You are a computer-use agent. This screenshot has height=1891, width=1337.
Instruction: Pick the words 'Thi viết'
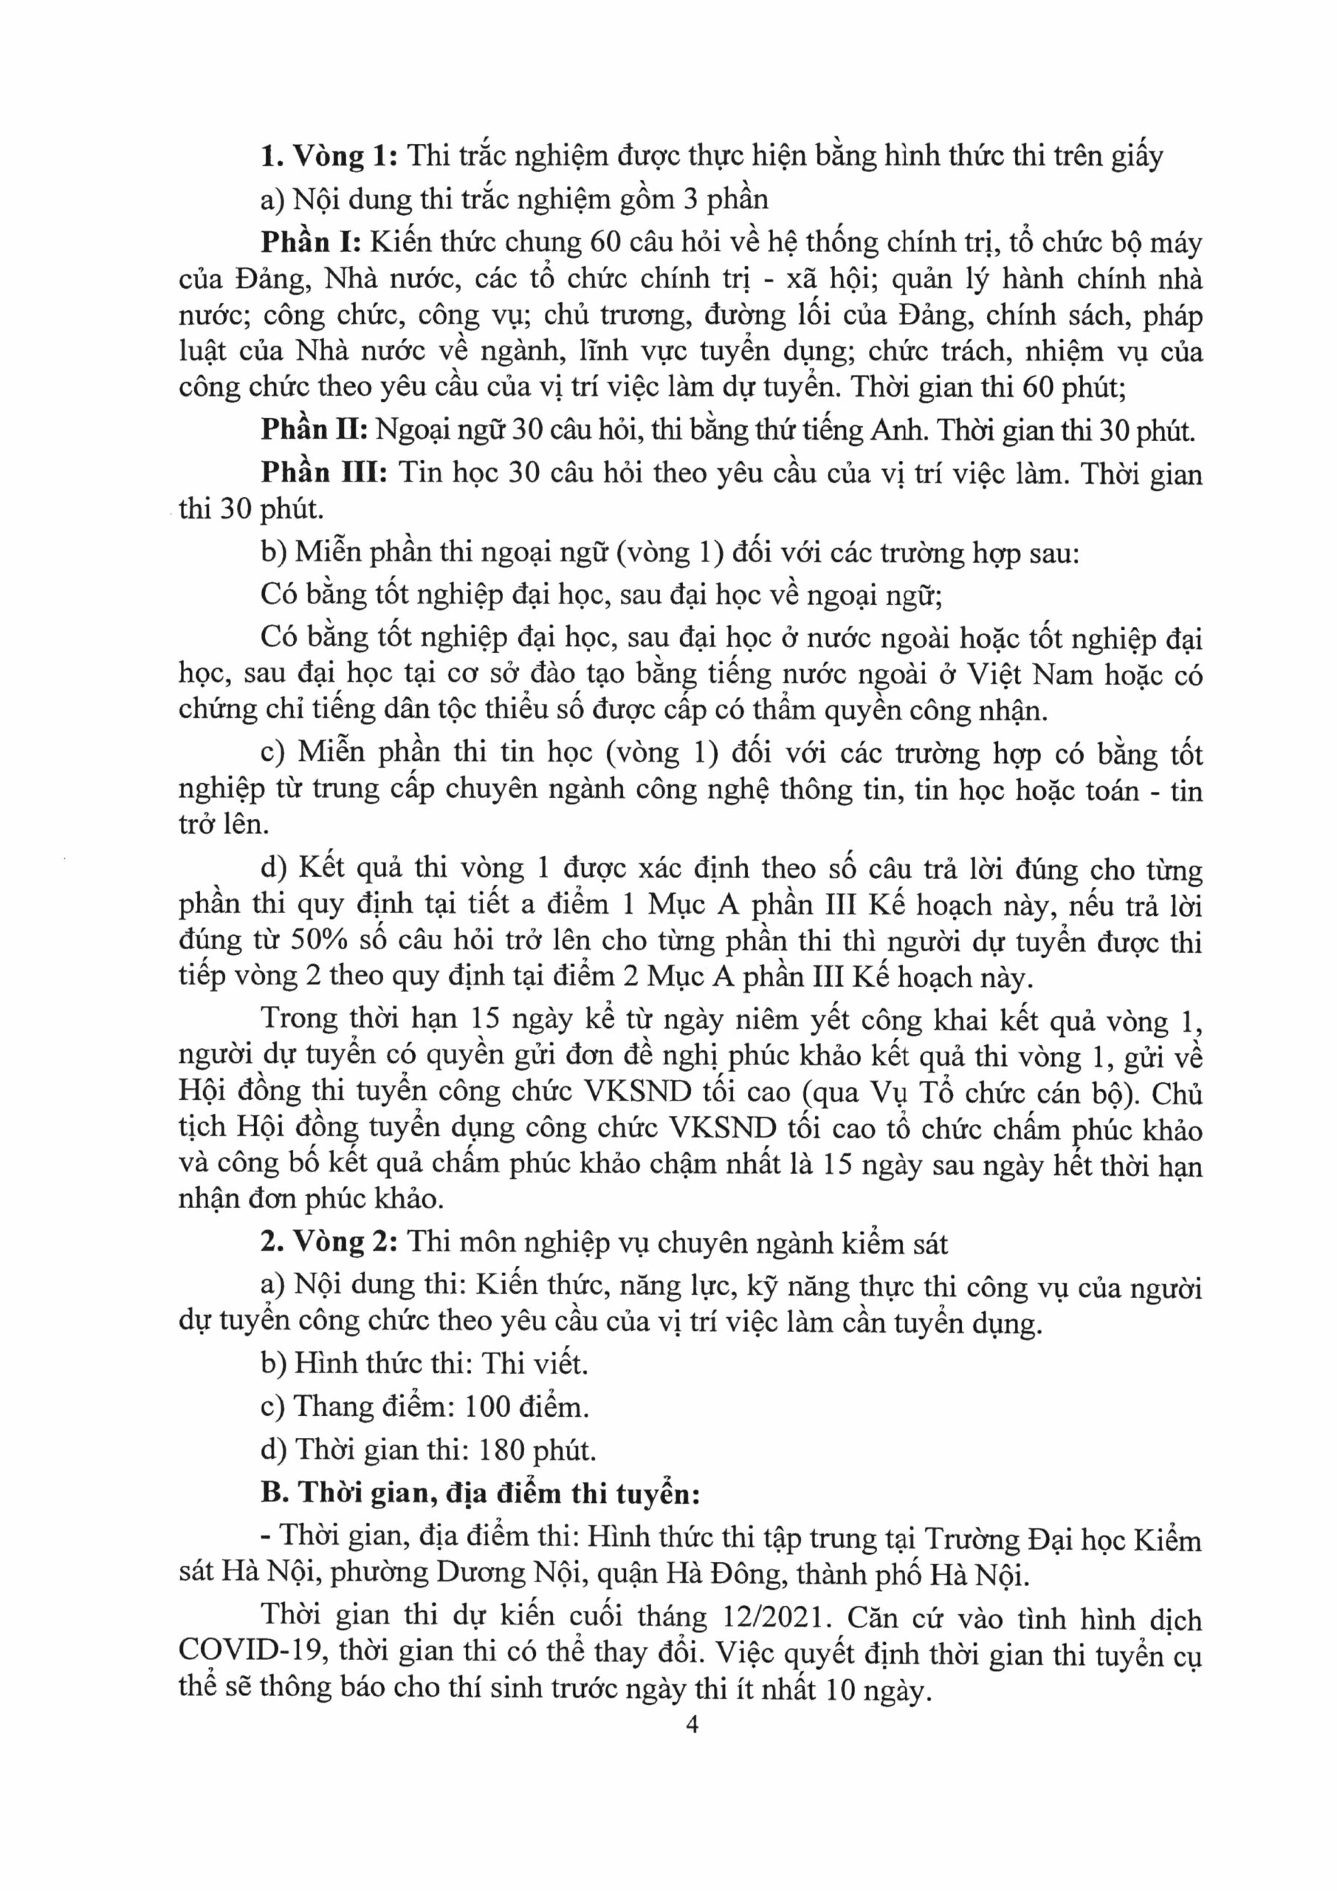point(535,1363)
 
